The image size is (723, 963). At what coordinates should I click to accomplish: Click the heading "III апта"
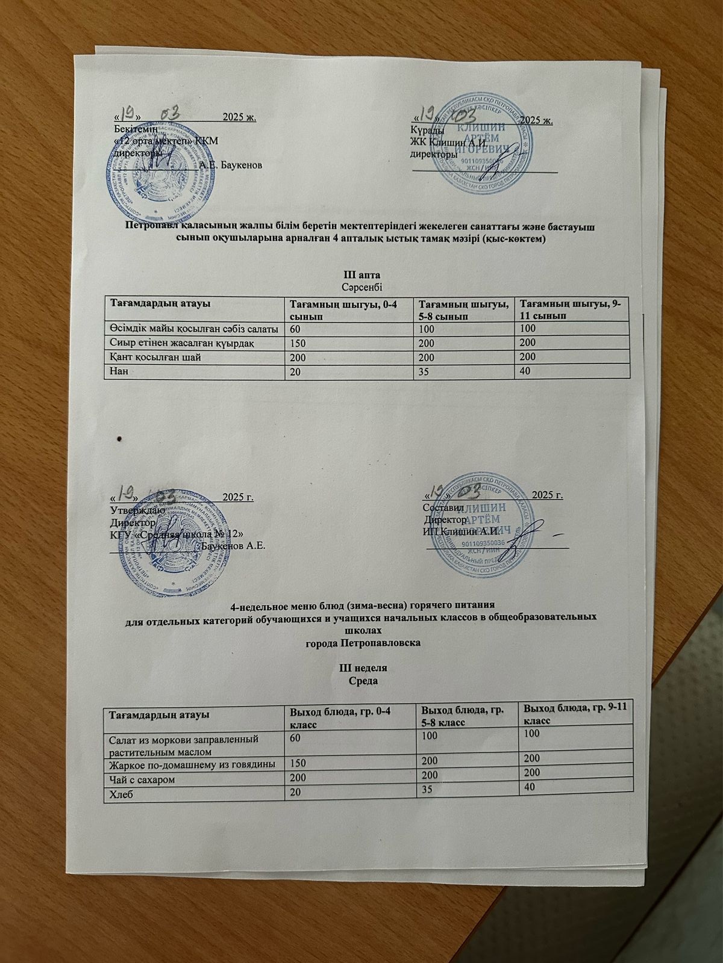363,275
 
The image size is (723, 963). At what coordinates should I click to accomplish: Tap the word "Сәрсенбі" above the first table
363,287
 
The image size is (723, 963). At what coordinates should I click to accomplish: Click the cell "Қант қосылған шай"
155,357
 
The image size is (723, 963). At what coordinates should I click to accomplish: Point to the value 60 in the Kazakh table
296,329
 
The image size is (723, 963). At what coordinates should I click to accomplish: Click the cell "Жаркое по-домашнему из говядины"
192,765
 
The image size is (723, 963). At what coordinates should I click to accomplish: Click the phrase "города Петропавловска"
363,643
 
